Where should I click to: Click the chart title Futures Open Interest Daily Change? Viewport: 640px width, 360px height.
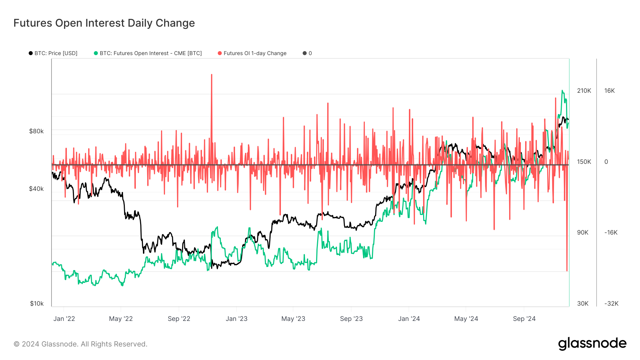tap(104, 23)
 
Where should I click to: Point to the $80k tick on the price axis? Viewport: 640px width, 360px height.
tap(36, 131)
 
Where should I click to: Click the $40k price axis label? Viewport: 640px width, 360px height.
tap(36, 189)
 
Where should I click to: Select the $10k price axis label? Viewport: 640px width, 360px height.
tap(37, 303)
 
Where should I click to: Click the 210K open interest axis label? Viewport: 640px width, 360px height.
tap(584, 91)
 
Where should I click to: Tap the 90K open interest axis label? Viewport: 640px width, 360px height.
tap(582, 232)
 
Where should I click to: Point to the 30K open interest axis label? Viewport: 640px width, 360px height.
tap(582, 303)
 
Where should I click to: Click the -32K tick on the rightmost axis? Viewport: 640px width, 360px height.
tap(611, 303)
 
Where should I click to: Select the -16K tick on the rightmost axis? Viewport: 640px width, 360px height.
tap(611, 232)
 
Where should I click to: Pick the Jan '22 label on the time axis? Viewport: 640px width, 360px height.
tap(64, 319)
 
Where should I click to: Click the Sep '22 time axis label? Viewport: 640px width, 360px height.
tap(179, 319)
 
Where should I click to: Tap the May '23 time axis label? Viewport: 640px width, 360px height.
tap(293, 319)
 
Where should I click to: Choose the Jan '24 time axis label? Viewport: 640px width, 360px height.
tap(409, 319)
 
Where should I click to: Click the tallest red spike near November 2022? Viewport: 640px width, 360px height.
tap(212, 75)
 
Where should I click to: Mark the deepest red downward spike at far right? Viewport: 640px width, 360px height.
tap(567, 270)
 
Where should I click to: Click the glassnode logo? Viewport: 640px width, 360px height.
tap(592, 344)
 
